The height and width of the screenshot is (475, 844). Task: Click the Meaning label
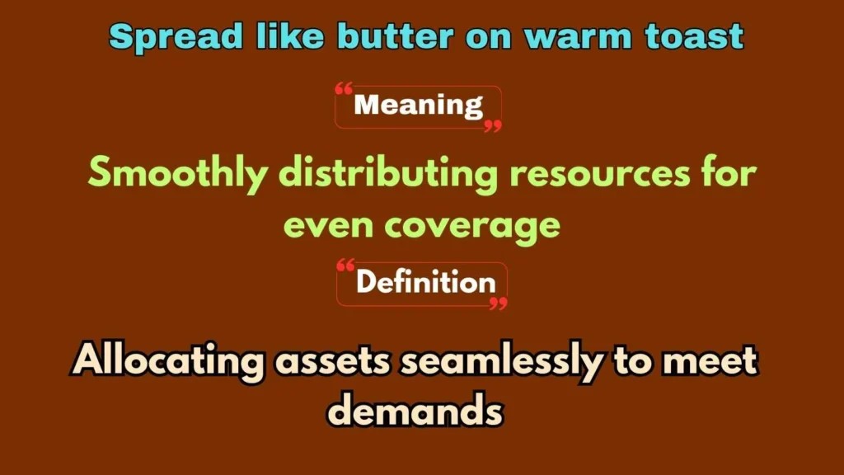(x=418, y=106)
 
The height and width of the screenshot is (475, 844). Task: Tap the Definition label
(x=425, y=283)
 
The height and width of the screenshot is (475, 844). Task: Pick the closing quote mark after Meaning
(x=492, y=126)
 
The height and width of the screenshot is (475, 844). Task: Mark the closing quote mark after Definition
(x=498, y=303)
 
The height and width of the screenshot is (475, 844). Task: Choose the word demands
(x=416, y=411)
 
